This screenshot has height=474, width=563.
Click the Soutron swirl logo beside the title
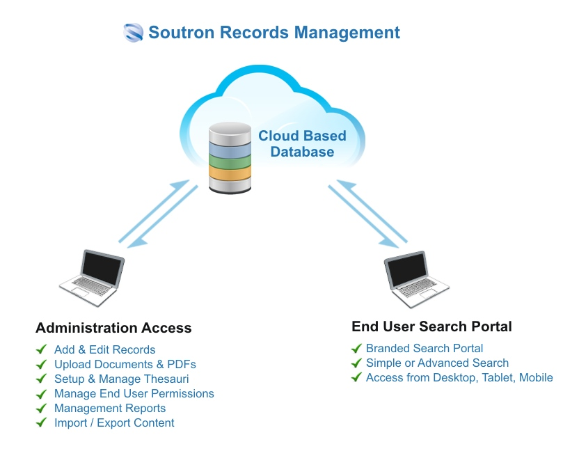point(134,33)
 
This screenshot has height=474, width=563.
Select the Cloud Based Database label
point(302,143)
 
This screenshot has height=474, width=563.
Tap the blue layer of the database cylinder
point(230,148)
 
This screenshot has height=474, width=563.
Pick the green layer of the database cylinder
point(230,164)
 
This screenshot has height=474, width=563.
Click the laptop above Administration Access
point(93,277)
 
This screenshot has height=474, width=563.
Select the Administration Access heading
point(113,328)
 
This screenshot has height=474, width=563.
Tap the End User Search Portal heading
point(431,326)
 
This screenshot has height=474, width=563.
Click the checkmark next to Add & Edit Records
point(42,349)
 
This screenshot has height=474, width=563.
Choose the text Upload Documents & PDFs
point(125,364)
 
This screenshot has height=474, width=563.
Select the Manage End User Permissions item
point(134,394)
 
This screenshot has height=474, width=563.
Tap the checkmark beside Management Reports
point(42,409)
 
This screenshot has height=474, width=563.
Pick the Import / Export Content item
point(114,423)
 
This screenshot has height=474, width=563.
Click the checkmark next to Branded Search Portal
point(356,348)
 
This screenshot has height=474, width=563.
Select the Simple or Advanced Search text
point(437,363)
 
